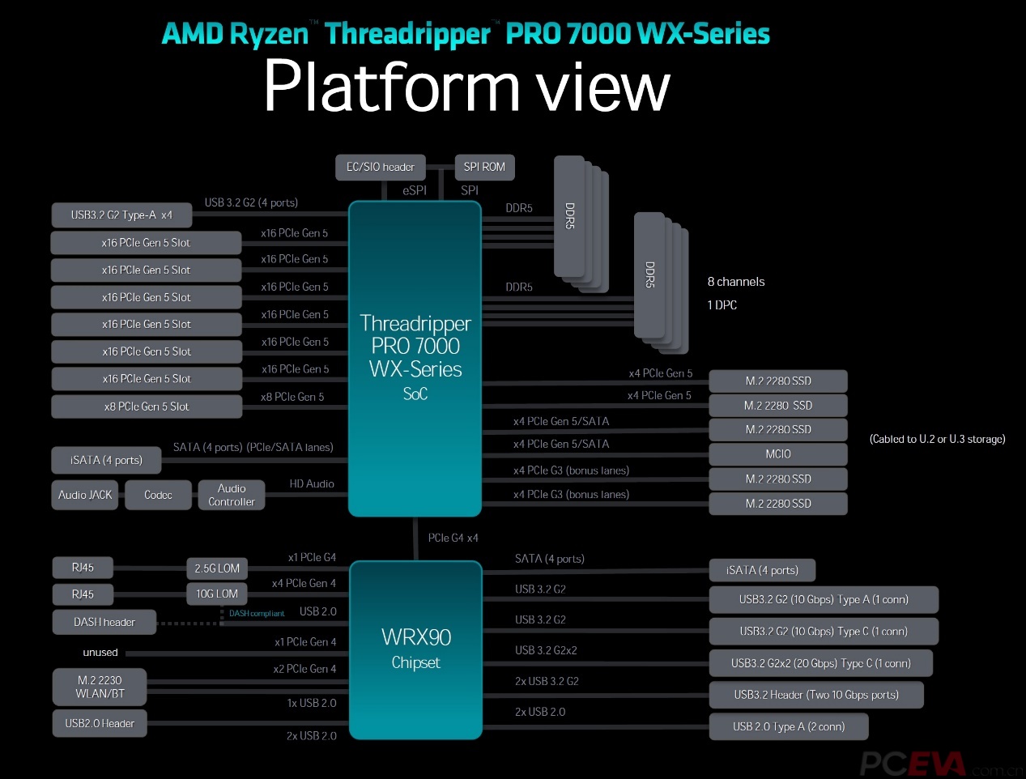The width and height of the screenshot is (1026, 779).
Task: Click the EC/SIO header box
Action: point(380,168)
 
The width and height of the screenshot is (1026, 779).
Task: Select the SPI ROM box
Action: point(484,168)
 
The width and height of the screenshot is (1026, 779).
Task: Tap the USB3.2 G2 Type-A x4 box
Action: point(121,215)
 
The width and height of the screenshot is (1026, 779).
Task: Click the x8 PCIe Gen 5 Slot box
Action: point(147,407)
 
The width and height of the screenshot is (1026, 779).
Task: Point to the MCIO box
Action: point(778,454)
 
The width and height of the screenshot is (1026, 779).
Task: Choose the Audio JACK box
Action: point(85,495)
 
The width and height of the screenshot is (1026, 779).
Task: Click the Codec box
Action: point(158,495)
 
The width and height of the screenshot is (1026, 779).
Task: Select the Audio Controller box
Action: point(232,495)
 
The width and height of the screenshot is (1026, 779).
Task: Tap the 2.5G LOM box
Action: point(217,568)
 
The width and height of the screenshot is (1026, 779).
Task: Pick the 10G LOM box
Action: point(217,594)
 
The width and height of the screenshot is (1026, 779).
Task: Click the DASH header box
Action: point(104,622)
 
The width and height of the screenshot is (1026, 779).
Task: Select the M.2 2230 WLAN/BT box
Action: point(100,687)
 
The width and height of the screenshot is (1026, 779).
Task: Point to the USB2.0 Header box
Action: point(100,723)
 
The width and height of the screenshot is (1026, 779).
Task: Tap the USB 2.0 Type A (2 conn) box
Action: point(789,726)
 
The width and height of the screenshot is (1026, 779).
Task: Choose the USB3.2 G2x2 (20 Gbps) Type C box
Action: point(820,663)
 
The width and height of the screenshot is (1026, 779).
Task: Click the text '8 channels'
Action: point(736,282)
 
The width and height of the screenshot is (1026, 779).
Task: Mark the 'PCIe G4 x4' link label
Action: point(453,538)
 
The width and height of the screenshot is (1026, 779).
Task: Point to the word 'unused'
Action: point(100,653)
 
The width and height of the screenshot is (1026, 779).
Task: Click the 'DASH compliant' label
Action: point(257,614)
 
